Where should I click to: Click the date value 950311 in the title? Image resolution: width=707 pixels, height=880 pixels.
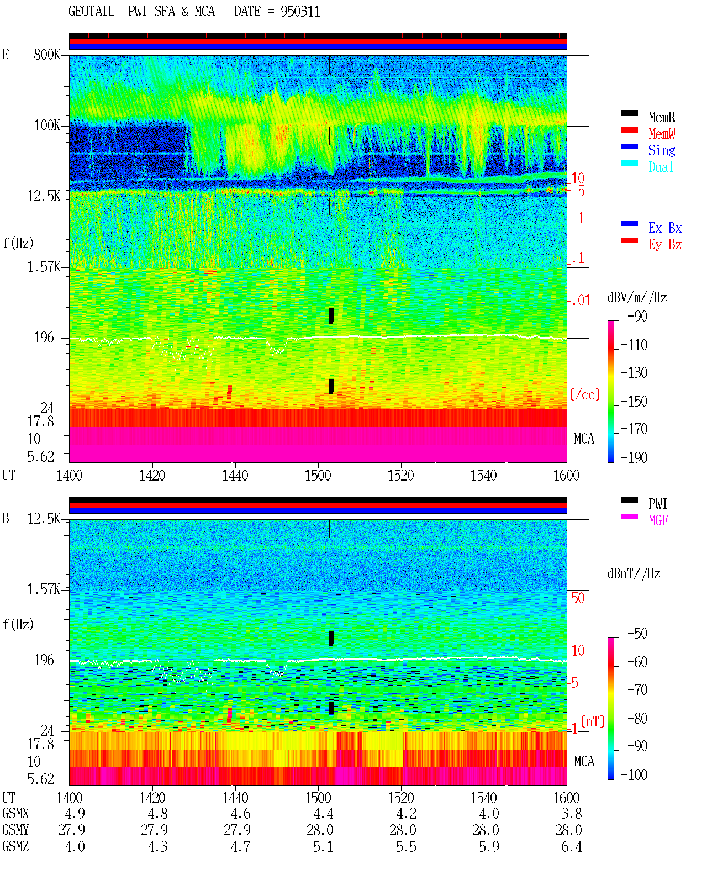[x=300, y=12]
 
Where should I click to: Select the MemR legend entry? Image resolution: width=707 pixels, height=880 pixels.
[x=661, y=117]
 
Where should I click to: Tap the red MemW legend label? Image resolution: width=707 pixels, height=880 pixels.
[x=662, y=134]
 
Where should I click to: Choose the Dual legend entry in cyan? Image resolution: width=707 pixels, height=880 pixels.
[x=661, y=167]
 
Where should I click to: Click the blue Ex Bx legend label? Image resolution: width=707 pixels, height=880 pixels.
[x=665, y=228]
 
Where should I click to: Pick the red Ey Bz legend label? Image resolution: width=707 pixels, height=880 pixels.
[x=665, y=245]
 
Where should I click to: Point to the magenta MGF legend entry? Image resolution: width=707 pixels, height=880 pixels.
[x=658, y=520]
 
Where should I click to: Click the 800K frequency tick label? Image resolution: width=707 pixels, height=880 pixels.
[x=47, y=54]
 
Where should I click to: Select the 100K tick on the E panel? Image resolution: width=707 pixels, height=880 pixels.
[x=47, y=125]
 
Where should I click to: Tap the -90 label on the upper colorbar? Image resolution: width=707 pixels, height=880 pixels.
[x=637, y=317]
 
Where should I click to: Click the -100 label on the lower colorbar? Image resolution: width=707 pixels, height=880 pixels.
[x=634, y=775]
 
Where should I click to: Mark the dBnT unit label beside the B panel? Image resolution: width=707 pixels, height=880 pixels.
[x=634, y=574]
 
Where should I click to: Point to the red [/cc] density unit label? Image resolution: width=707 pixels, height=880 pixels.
[x=585, y=394]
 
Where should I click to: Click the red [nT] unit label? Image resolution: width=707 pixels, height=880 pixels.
[x=593, y=721]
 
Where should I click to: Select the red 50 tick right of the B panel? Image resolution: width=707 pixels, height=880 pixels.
[x=578, y=598]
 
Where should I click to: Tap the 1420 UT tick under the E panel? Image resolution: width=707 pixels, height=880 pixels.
[x=152, y=476]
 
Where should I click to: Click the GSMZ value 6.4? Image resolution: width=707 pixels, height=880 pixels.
[x=572, y=846]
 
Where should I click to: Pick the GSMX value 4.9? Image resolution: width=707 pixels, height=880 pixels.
[x=75, y=813]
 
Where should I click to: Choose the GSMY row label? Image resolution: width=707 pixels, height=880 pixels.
[x=15, y=830]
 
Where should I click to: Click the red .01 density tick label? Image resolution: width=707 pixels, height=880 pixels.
[x=581, y=301]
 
